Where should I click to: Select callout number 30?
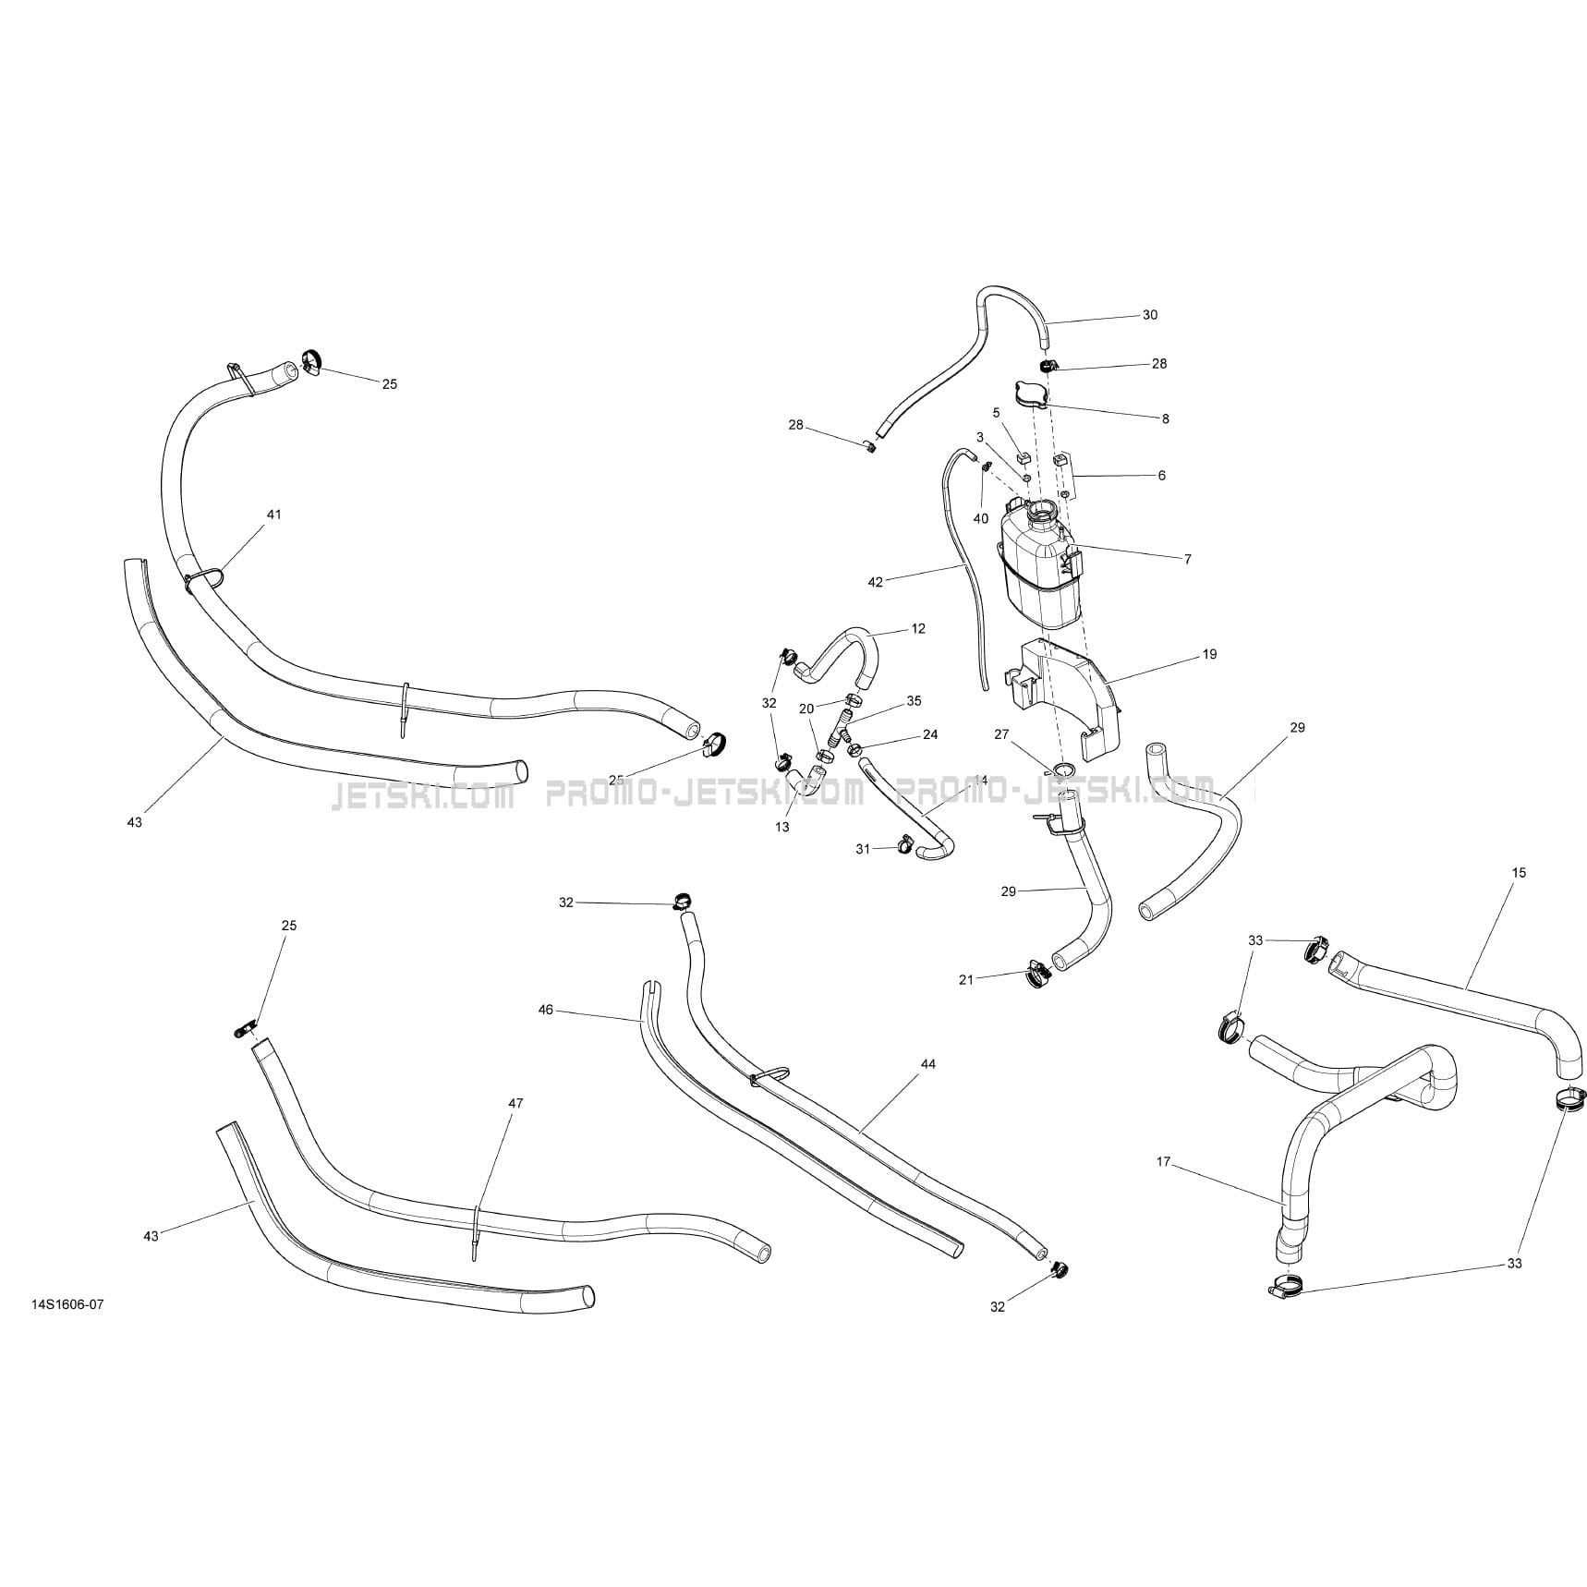pos(1149,315)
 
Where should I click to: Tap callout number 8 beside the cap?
pos(1165,418)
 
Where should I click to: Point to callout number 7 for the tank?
pos(1187,559)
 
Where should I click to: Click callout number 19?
pos(1209,654)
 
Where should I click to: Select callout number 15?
pos(1520,872)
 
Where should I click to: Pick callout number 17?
pos(1163,1162)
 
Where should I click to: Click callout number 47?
pos(515,1103)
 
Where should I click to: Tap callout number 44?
pos(927,1064)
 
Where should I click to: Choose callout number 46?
pos(545,1010)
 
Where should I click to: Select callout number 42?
pos(876,582)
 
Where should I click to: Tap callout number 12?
pos(917,628)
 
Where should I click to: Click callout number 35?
pos(914,701)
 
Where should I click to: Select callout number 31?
pos(862,849)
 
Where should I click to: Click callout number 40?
pos(980,518)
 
